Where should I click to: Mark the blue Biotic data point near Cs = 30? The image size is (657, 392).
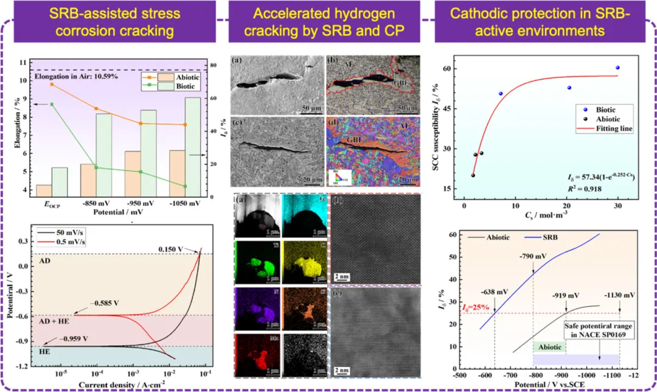pos(617,68)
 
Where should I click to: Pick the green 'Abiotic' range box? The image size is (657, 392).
pos(549,346)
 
